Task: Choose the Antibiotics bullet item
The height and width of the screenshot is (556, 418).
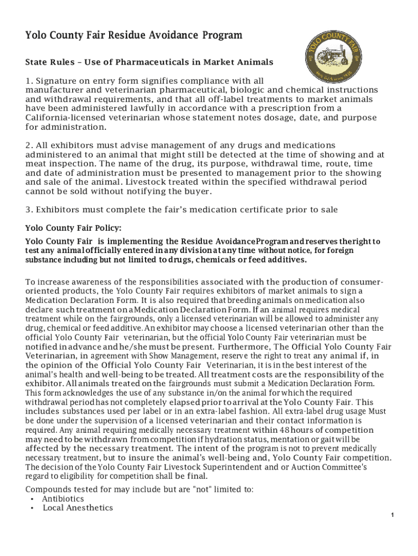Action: click(x=63, y=498)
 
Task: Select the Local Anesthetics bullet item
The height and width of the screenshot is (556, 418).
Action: click(x=78, y=508)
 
